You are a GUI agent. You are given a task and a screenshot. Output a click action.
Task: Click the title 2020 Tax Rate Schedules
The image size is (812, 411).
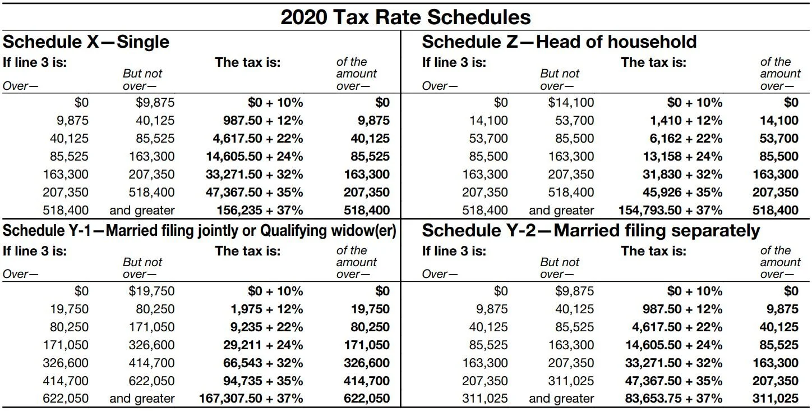coord(405,17)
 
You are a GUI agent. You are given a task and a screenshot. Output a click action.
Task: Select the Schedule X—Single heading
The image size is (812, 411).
coord(86,42)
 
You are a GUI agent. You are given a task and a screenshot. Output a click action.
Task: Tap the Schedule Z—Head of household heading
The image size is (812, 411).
coord(559,42)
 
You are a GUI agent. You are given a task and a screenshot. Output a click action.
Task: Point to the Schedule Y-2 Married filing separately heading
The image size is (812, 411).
coord(590,231)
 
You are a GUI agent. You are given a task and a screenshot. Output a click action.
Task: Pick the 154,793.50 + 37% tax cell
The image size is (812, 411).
coord(670,211)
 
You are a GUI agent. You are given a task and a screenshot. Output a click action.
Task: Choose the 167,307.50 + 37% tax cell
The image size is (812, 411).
coord(251,399)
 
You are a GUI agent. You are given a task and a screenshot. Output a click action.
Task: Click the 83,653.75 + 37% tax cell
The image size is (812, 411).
coord(673,399)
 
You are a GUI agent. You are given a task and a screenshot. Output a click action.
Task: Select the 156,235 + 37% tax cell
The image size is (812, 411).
coord(260,211)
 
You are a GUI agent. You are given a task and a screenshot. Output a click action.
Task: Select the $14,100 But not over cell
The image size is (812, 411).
coord(571,103)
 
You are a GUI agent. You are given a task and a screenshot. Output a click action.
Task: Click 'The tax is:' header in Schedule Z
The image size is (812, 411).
coord(653,62)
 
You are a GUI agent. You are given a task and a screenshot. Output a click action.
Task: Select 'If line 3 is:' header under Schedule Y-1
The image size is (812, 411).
coord(35,251)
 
